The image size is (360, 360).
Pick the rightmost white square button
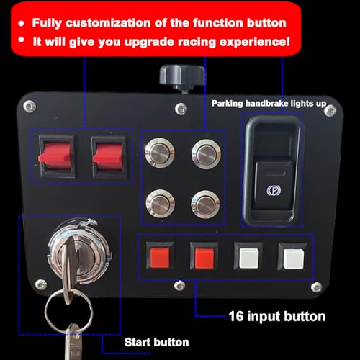click(291, 256)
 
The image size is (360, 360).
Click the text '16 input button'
click(276, 315)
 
